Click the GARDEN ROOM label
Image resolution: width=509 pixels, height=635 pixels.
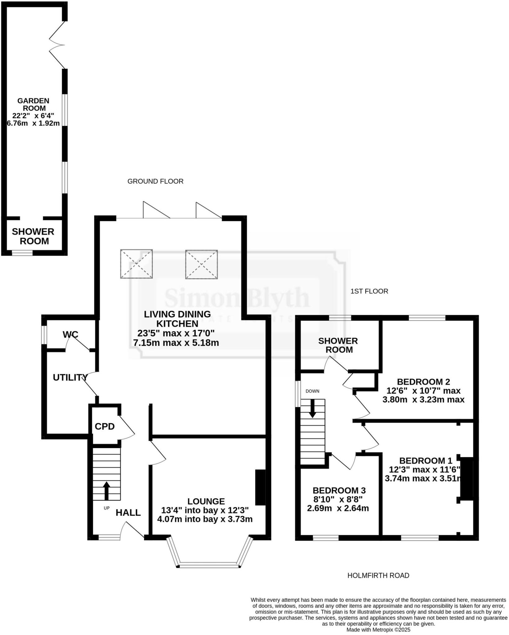pyautogui.click(x=33, y=104)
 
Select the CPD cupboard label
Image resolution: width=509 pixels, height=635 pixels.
pyautogui.click(x=105, y=427)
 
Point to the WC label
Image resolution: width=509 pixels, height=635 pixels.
pyautogui.click(x=70, y=335)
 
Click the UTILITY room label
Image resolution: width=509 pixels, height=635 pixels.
pyautogui.click(x=70, y=377)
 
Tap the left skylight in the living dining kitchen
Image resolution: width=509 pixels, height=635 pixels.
pyautogui.click(x=136, y=264)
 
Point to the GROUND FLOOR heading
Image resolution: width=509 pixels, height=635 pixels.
pyautogui.click(x=155, y=181)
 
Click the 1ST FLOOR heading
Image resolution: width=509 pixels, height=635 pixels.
pyautogui.click(x=369, y=291)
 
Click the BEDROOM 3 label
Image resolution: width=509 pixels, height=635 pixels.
pyautogui.click(x=339, y=491)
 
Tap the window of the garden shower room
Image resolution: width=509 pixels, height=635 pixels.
pyautogui.click(x=22, y=253)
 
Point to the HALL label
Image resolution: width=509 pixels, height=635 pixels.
pyautogui.click(x=128, y=513)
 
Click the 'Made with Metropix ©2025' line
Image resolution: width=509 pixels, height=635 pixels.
pyautogui.click(x=378, y=630)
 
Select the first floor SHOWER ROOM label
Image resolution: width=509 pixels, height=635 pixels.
pyautogui.click(x=338, y=345)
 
